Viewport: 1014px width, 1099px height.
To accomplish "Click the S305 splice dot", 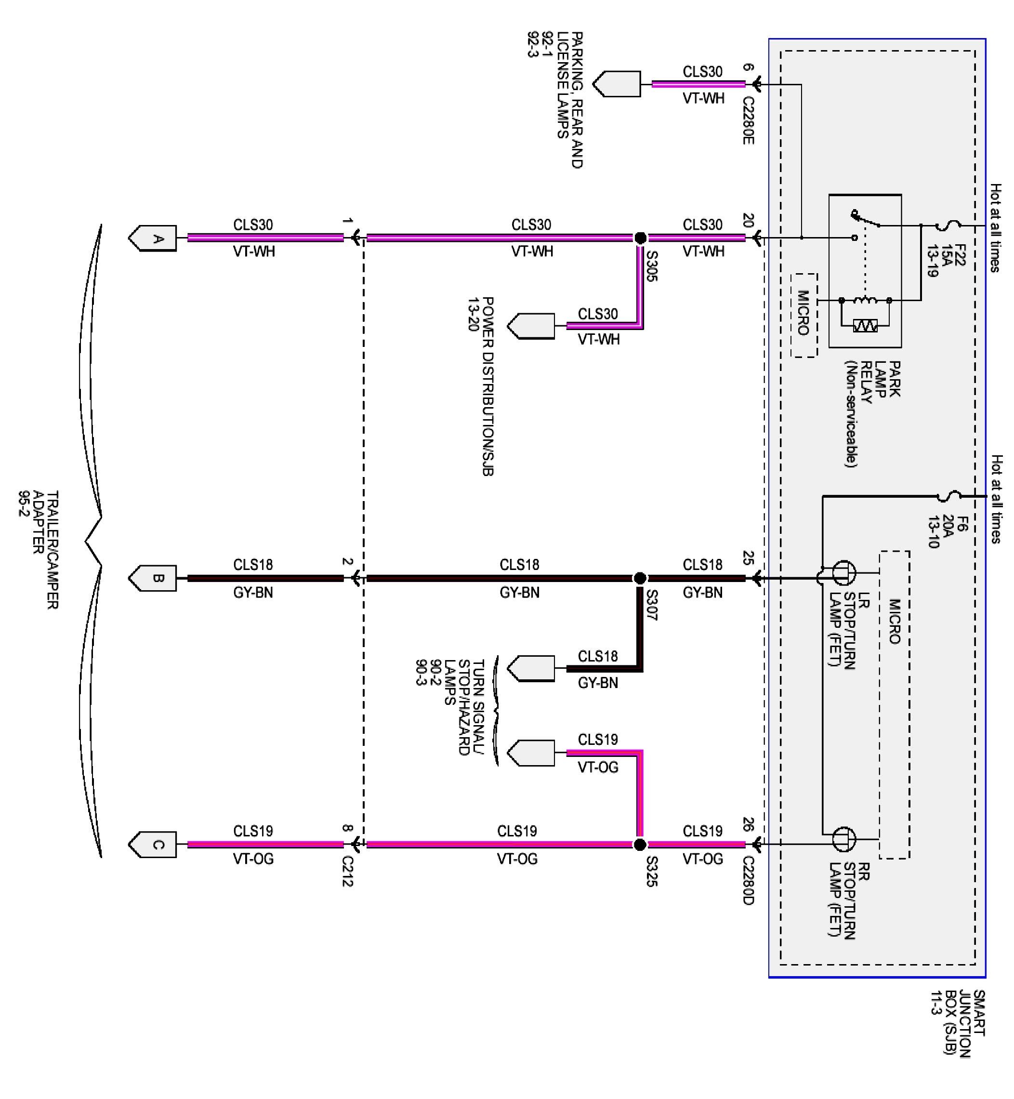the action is coord(640,238).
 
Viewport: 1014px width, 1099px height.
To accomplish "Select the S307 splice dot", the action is coord(639,578).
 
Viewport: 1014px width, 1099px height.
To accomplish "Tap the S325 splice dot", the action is coord(639,845).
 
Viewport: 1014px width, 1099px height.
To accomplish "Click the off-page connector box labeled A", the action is coord(153,238).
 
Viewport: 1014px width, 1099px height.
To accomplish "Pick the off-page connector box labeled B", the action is coord(153,578).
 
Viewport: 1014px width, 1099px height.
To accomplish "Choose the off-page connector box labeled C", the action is coord(153,845).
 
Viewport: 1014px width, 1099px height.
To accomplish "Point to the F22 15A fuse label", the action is coord(946,260).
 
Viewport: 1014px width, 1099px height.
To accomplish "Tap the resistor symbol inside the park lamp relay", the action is coord(865,326).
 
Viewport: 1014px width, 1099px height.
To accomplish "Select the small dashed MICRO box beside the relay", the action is coord(804,316).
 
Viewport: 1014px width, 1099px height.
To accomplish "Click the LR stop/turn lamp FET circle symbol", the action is coord(844,573).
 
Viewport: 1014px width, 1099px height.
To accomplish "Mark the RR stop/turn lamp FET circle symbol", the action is coord(844,839).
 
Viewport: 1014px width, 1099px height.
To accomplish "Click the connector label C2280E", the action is coord(749,121).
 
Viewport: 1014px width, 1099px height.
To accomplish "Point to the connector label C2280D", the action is coord(749,881).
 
